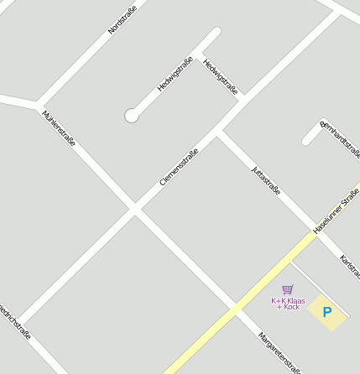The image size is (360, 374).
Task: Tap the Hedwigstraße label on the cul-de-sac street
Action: [175, 74]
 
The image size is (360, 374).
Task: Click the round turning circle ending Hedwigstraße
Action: [132, 116]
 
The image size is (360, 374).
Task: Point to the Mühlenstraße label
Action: [59, 127]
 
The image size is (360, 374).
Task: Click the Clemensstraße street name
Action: [179, 167]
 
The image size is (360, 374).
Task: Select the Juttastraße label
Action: [265, 181]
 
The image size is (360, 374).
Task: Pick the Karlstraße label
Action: [349, 268]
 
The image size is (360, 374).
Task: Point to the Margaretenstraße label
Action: [279, 351]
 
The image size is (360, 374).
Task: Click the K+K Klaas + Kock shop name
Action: [288, 304]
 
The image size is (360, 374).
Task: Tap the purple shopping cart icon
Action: [288, 289]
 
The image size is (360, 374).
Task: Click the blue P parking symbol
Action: [327, 313]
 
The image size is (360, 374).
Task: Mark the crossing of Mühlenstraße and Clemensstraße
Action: [134, 209]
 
